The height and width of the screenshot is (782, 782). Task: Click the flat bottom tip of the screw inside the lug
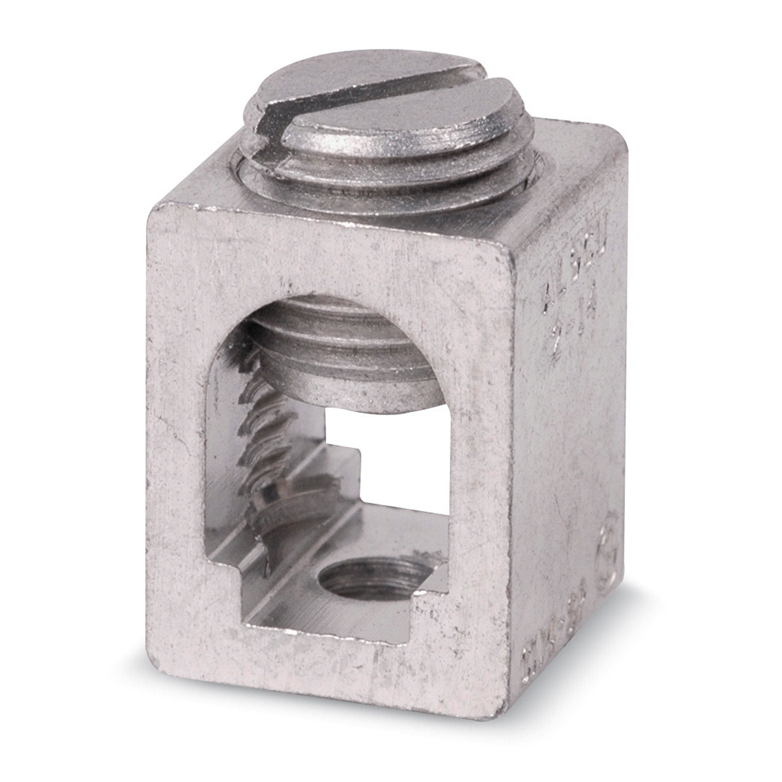(352, 398)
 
